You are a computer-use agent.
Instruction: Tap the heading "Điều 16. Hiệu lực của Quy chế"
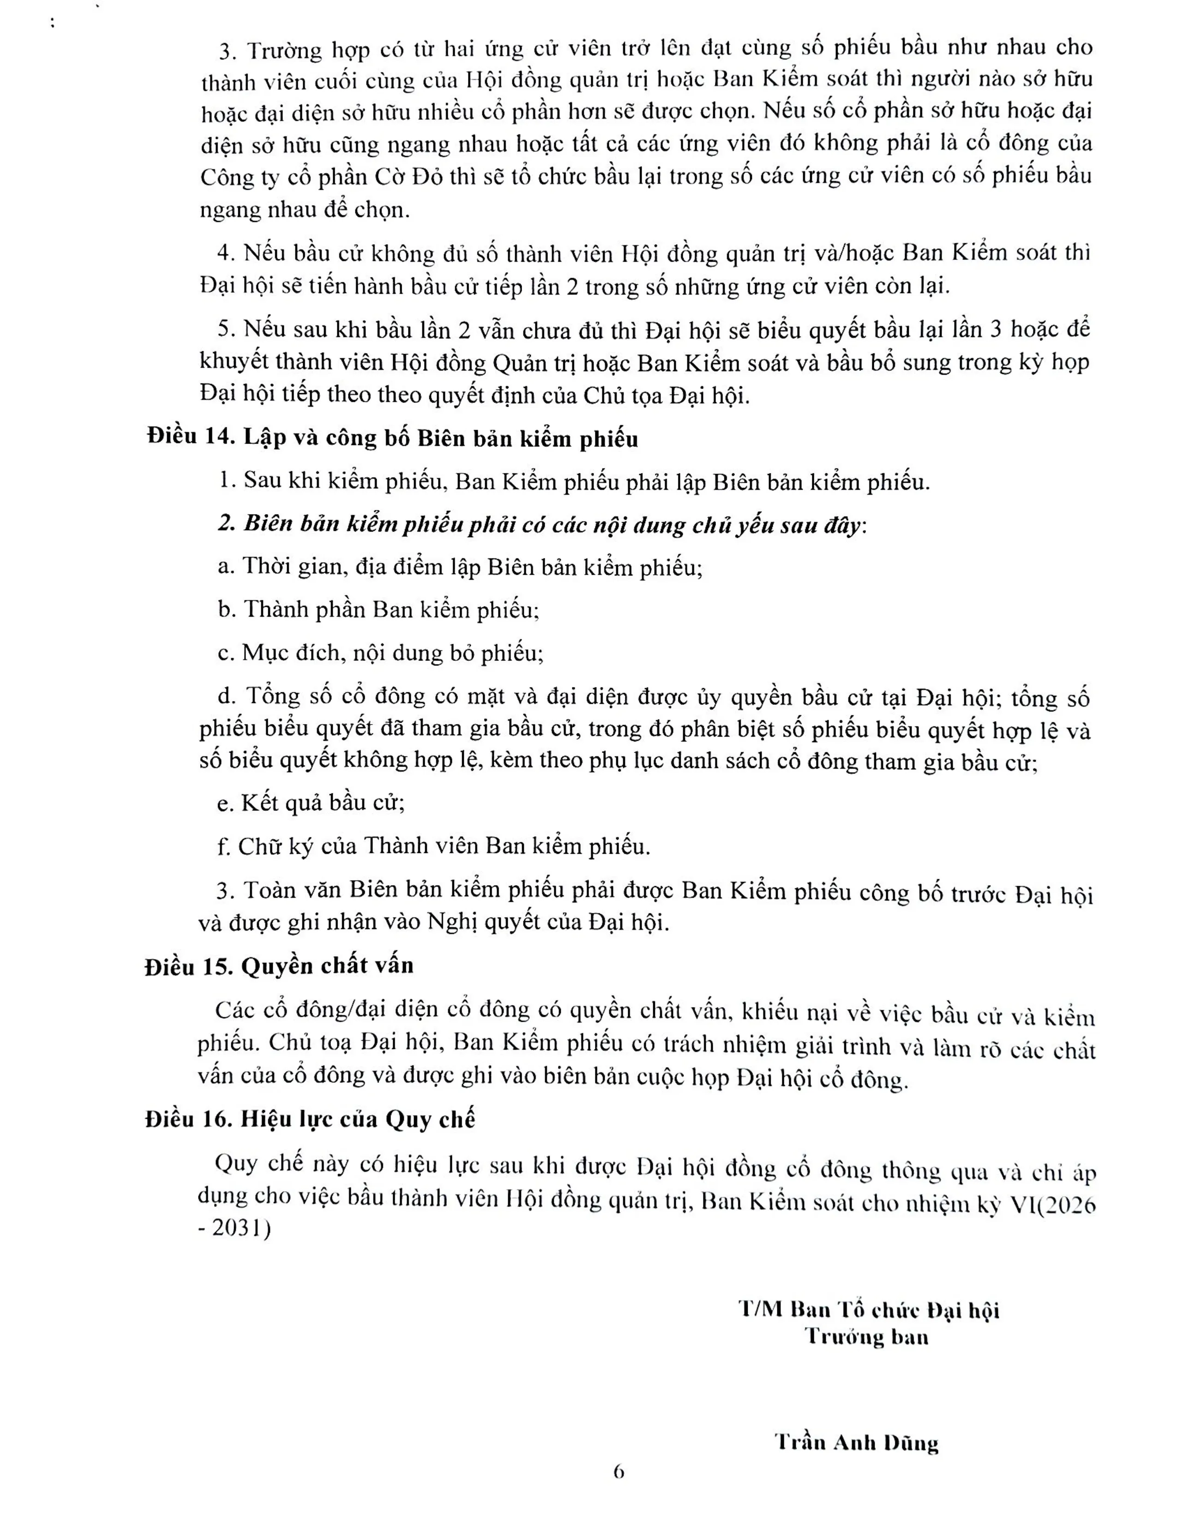click(x=310, y=1119)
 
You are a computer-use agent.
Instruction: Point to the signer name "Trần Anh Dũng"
click(x=857, y=1442)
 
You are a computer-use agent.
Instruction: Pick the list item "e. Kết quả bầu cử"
click(x=311, y=803)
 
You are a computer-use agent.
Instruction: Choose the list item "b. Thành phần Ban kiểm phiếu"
click(x=378, y=610)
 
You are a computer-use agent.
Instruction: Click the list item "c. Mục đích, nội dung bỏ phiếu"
click(x=380, y=653)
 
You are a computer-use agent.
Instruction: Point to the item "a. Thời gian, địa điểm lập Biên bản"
click(x=460, y=566)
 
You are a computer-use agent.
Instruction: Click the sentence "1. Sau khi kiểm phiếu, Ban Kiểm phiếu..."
click(x=574, y=481)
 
